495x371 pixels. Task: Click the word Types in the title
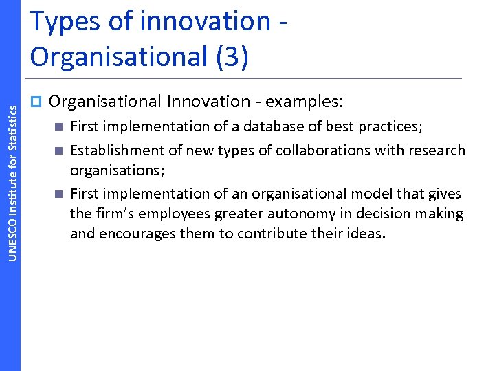pyautogui.click(x=62, y=22)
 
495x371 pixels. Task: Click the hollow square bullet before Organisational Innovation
pyautogui.click(x=36, y=102)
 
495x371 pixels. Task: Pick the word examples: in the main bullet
pyautogui.click(x=303, y=102)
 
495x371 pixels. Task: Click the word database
pyautogui.click(x=252, y=126)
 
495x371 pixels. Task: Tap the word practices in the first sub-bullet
pyautogui.click(x=393, y=127)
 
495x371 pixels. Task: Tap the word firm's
pyautogui.click(x=110, y=214)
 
